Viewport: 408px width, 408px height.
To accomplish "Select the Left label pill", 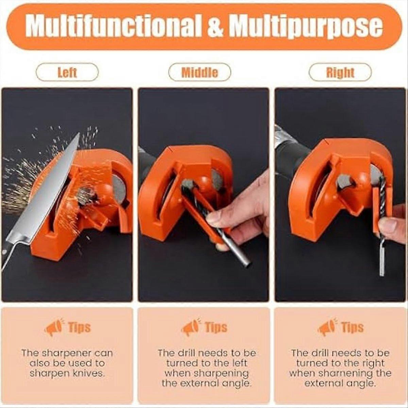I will [67, 72].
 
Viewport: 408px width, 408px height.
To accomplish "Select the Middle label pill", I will [200, 72].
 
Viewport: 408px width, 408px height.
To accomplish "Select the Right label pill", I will [340, 72].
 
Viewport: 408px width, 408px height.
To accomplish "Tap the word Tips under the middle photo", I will [216, 327].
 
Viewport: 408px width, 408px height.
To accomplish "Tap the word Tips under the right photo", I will [353, 327].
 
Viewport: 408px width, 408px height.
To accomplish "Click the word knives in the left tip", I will [89, 373].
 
